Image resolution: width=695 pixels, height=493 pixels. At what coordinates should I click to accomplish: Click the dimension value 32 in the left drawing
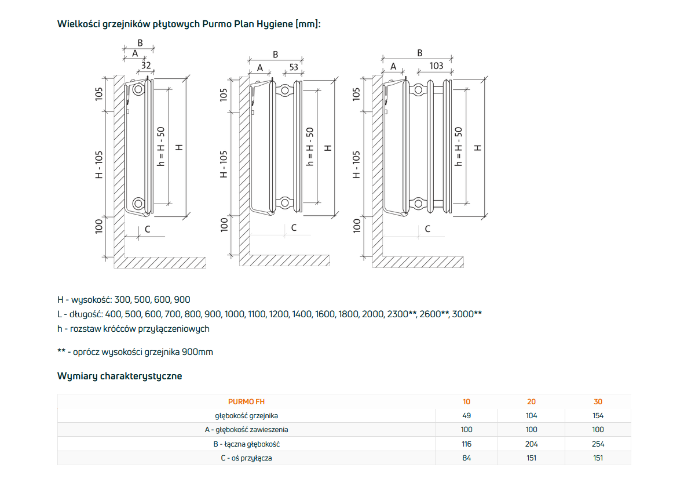click(146, 66)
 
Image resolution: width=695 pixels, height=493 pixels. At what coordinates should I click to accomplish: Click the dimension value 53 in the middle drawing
click(294, 67)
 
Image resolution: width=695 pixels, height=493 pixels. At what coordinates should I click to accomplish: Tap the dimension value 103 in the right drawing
click(436, 66)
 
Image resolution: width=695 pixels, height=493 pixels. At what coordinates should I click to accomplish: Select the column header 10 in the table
click(467, 401)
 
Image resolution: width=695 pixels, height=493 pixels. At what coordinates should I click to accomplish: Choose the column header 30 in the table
click(598, 401)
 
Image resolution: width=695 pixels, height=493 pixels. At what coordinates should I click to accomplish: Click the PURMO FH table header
click(246, 401)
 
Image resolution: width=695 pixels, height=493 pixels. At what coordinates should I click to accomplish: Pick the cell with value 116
click(467, 444)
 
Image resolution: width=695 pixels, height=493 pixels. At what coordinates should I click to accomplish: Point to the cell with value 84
click(467, 458)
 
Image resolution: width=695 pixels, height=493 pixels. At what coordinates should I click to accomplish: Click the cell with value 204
click(532, 444)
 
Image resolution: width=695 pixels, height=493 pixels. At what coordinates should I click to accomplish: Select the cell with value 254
click(598, 444)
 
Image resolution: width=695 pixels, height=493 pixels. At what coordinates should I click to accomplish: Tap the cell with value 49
click(467, 415)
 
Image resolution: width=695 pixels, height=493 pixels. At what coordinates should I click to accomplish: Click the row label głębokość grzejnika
click(246, 415)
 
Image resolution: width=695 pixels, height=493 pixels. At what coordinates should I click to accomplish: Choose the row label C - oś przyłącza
click(246, 458)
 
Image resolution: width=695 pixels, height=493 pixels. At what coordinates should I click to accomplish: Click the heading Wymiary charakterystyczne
click(119, 376)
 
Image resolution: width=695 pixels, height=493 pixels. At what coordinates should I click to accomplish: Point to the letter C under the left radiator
click(147, 229)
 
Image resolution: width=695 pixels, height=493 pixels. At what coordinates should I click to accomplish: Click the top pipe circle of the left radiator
click(138, 89)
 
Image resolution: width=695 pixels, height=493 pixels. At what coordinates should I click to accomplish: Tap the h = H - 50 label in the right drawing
click(458, 147)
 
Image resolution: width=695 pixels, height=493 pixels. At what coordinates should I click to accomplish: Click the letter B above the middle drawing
click(276, 54)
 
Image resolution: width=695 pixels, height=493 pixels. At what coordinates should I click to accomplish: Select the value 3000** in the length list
click(467, 314)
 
